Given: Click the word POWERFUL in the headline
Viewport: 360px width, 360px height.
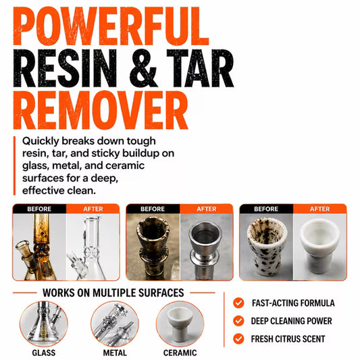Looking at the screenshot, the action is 111,26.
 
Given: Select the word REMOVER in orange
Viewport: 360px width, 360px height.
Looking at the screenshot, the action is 101,110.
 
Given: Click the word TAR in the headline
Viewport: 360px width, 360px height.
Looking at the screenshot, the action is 200,68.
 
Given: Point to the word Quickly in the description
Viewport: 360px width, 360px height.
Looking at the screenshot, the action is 41,141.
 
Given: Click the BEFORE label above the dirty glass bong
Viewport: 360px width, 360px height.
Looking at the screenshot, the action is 39,209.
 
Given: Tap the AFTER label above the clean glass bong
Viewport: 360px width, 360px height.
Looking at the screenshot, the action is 93,209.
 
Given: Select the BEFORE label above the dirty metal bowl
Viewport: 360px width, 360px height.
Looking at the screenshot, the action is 153,209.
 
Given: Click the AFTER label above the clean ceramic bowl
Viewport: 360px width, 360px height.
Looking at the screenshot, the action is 320,209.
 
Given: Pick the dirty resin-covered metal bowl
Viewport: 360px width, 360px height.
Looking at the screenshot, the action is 153,247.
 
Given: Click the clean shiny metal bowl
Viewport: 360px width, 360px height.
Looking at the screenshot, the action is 205,249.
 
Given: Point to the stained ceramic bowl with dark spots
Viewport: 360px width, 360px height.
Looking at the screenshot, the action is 266,247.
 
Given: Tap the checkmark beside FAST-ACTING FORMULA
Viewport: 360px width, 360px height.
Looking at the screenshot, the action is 238,303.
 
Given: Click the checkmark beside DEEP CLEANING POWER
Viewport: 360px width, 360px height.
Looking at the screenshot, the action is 238,321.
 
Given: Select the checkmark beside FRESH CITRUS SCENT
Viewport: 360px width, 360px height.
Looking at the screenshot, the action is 238,338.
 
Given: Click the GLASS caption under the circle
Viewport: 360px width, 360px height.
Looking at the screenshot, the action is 44,353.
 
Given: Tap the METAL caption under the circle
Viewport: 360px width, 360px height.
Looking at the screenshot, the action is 115,353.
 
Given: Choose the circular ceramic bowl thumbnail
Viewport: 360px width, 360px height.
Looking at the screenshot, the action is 180,324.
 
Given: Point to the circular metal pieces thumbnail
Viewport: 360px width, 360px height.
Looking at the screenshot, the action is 115,324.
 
